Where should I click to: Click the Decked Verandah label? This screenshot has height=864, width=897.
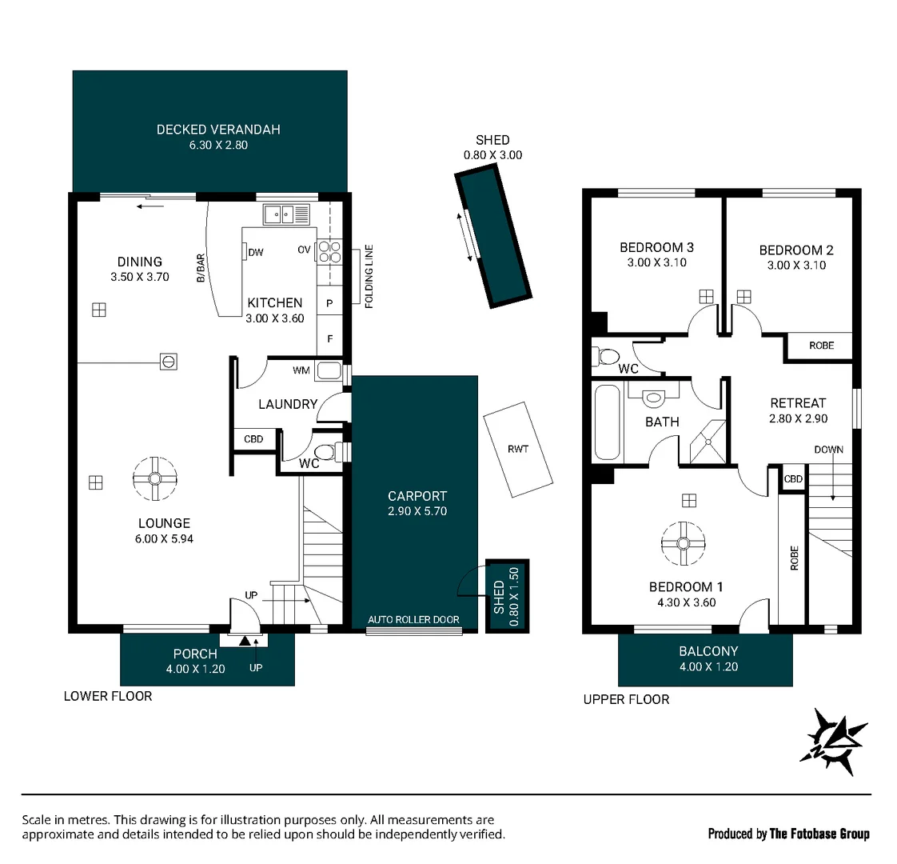pyautogui.click(x=218, y=130)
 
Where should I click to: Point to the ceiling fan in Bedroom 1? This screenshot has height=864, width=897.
pyautogui.click(x=684, y=543)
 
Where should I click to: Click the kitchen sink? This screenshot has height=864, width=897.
pyautogui.click(x=286, y=214)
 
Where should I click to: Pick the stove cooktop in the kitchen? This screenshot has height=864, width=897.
pyautogui.click(x=329, y=252)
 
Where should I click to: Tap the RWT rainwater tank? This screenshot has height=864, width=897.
pyautogui.click(x=518, y=449)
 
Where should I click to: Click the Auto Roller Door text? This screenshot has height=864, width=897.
pyautogui.click(x=413, y=620)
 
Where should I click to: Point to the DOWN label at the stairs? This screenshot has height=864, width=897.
pyautogui.click(x=828, y=450)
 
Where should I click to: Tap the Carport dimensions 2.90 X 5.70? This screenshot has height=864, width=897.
pyautogui.click(x=417, y=511)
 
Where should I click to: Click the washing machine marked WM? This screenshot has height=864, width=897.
pyautogui.click(x=328, y=370)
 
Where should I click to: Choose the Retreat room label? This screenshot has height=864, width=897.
pyautogui.click(x=797, y=403)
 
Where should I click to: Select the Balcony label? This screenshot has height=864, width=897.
pyautogui.click(x=708, y=651)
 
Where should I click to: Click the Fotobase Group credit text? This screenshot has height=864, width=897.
pyautogui.click(x=788, y=834)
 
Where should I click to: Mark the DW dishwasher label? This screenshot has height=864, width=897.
pyautogui.click(x=256, y=253)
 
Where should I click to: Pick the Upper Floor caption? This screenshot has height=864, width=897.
pyautogui.click(x=626, y=699)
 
